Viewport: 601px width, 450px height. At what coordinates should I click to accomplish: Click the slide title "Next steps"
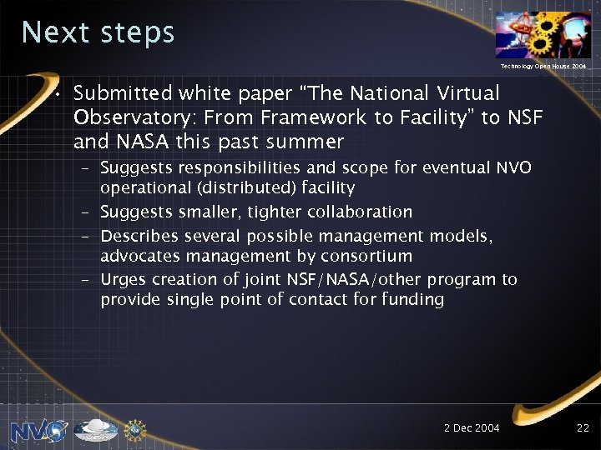coord(98,32)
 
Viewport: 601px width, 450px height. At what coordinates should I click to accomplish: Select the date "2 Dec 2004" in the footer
coord(472,427)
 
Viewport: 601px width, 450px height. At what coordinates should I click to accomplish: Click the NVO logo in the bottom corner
coord(38,429)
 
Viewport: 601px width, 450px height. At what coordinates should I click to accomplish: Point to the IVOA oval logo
coord(95,430)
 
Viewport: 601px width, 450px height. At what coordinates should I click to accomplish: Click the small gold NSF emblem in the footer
coord(134,429)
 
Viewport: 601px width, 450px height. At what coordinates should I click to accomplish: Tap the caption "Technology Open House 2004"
coord(543,65)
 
